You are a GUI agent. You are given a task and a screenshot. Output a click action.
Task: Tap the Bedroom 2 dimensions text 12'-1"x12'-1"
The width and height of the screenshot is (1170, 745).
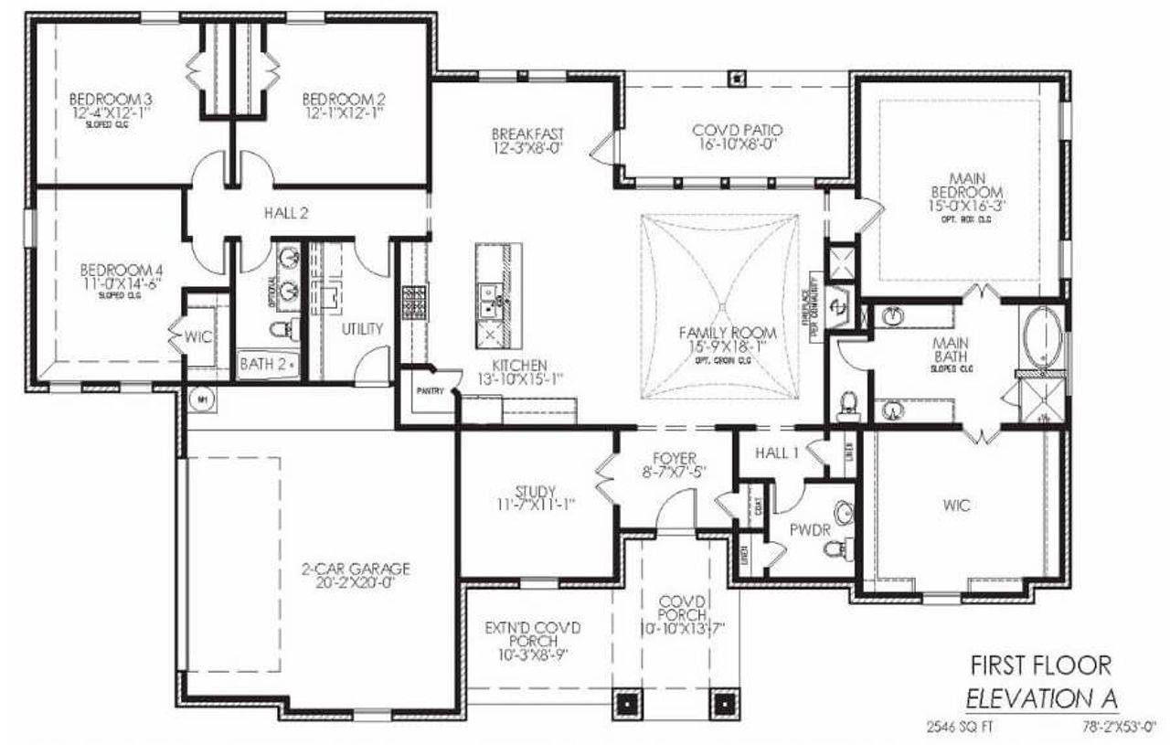[344, 112]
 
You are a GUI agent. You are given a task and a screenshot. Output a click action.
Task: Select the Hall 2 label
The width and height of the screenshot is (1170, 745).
[285, 213]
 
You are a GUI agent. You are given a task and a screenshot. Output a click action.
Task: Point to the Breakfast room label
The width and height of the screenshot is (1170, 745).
[527, 135]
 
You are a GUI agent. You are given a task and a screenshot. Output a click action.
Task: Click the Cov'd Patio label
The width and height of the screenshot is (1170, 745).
[737, 131]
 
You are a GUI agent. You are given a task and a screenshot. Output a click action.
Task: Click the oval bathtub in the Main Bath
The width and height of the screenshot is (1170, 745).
[1041, 339]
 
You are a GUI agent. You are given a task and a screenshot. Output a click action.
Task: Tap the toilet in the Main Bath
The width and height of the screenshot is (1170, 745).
[847, 402]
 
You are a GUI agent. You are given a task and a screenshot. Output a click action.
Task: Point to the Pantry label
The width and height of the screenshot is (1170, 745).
[430, 390]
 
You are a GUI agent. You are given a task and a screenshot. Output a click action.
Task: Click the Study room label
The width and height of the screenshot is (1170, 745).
[536, 491]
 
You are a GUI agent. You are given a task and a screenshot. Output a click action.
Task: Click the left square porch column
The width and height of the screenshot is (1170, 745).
[628, 705]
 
